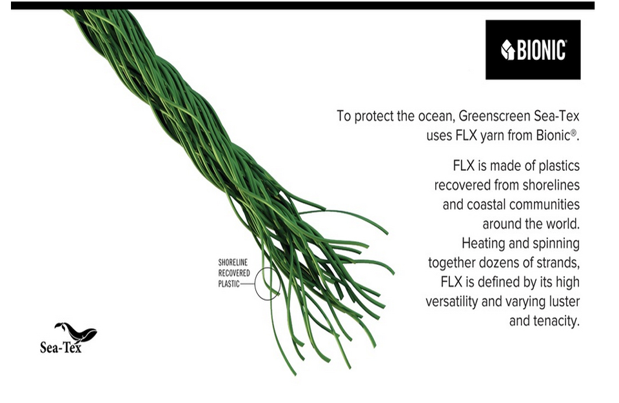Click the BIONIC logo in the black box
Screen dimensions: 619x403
click(x=533, y=50)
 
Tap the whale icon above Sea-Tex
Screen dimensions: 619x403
click(x=76, y=332)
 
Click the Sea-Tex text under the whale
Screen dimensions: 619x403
click(x=61, y=348)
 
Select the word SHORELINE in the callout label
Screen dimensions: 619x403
click(x=233, y=262)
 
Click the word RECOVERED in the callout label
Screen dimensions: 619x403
click(x=234, y=273)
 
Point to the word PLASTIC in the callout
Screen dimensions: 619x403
click(x=229, y=284)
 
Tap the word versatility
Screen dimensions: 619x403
click(x=452, y=302)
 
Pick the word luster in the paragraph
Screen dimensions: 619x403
click(x=565, y=302)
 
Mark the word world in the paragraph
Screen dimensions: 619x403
click(x=563, y=224)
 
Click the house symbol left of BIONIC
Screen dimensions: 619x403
click(x=508, y=50)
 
